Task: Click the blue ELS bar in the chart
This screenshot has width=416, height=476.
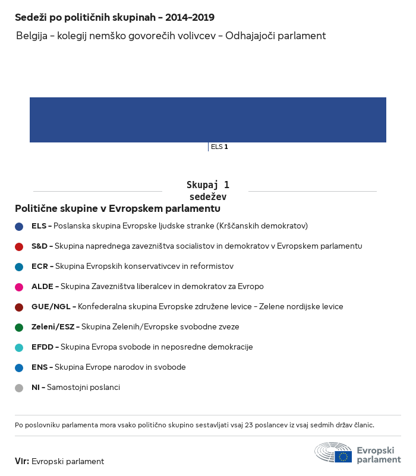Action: [208, 120]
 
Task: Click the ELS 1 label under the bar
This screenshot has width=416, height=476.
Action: [219, 147]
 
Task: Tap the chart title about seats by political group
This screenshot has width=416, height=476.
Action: [115, 18]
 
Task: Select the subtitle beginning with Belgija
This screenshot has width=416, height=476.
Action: [171, 36]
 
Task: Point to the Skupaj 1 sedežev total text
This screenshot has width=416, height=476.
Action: [207, 191]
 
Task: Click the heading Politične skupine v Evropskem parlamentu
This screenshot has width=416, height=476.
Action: [118, 209]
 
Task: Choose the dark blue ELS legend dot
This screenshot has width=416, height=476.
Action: [19, 226]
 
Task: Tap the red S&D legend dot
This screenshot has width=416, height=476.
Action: [19, 246]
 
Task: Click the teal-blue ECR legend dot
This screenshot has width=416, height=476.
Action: [19, 266]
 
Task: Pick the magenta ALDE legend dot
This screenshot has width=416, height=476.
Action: [19, 287]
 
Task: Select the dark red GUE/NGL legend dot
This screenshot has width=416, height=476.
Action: [19, 307]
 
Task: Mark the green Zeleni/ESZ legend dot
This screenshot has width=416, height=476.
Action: [19, 327]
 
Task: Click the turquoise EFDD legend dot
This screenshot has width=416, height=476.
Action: [19, 347]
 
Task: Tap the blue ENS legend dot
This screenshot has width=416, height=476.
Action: [19, 367]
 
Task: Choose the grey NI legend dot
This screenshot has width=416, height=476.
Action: [19, 388]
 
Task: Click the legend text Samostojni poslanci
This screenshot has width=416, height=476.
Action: [83, 388]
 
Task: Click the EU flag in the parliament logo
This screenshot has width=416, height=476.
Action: [343, 456]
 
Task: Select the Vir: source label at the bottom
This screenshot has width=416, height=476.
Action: [22, 461]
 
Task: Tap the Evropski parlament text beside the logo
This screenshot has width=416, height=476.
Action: [379, 455]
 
